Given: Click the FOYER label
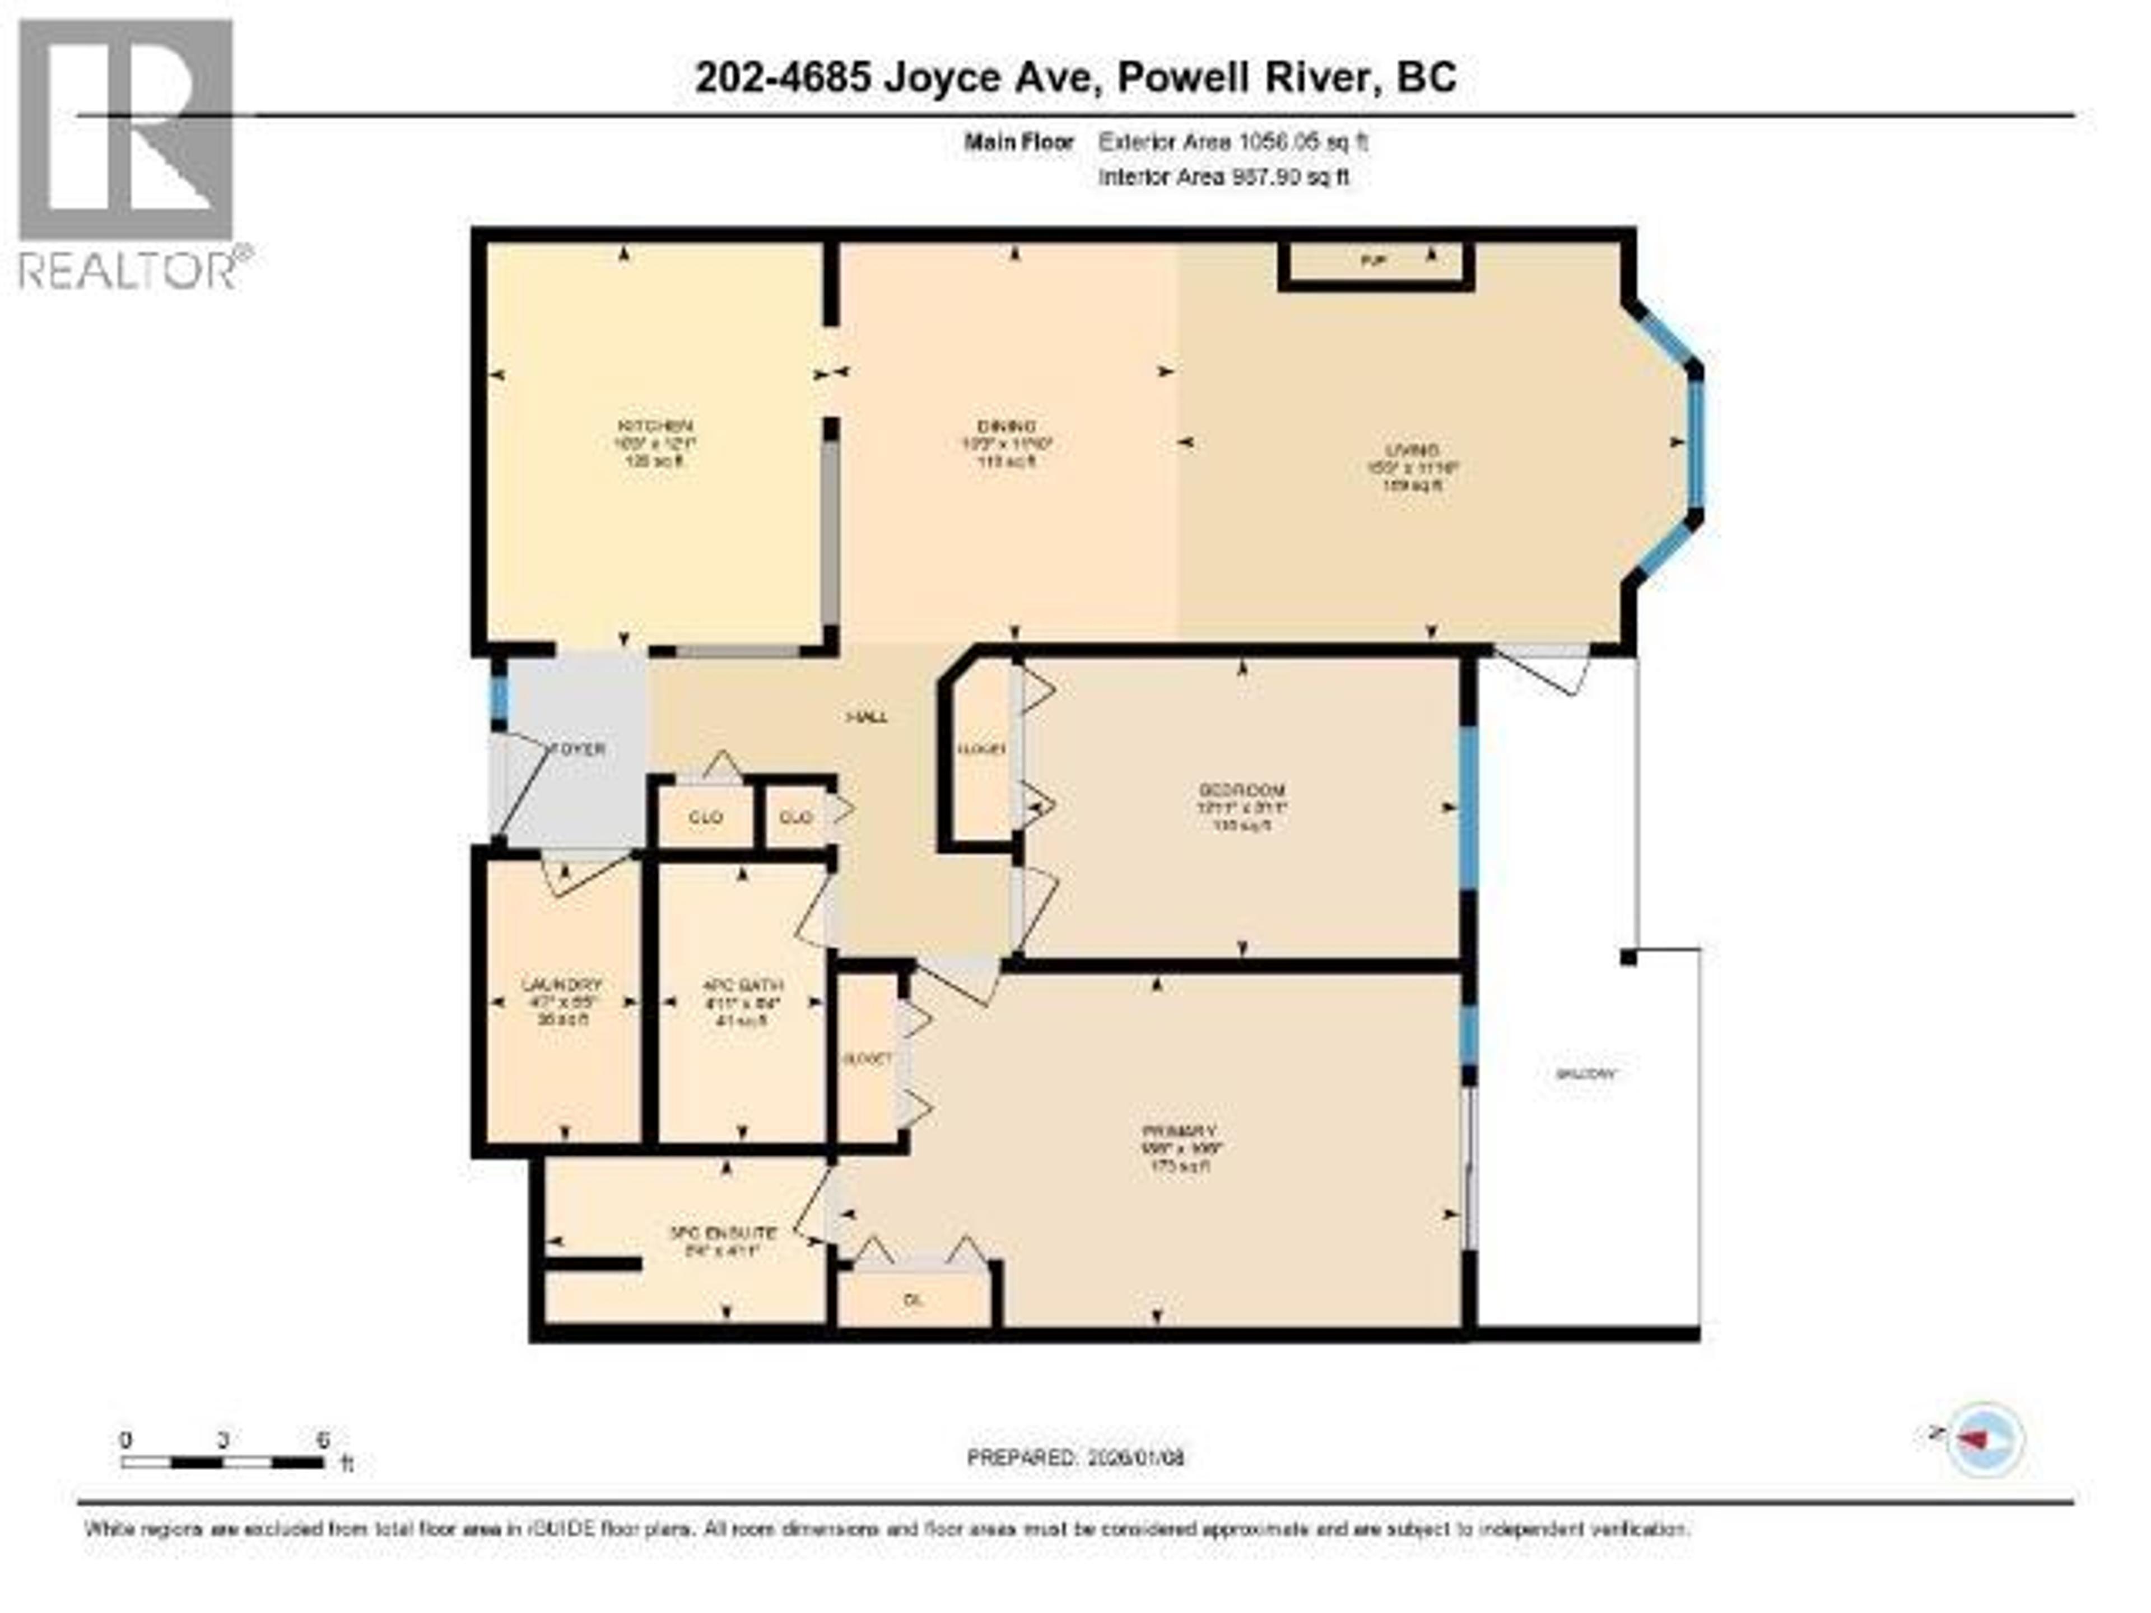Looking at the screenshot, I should click(x=580, y=749).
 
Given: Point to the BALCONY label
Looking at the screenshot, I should click(x=1586, y=1074).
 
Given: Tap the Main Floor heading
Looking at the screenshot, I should click(x=1018, y=142).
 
